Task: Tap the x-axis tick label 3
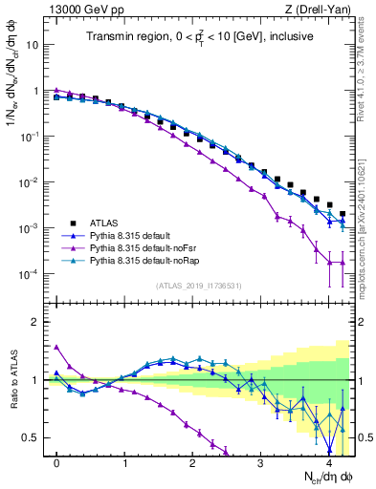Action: [x=262, y=463]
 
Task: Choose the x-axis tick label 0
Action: [x=57, y=463]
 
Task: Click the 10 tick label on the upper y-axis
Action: [x=32, y=45]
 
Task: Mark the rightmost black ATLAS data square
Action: [x=343, y=214]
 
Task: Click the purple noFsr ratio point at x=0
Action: [x=57, y=347]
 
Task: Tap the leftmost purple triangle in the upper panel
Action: [x=57, y=90]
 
